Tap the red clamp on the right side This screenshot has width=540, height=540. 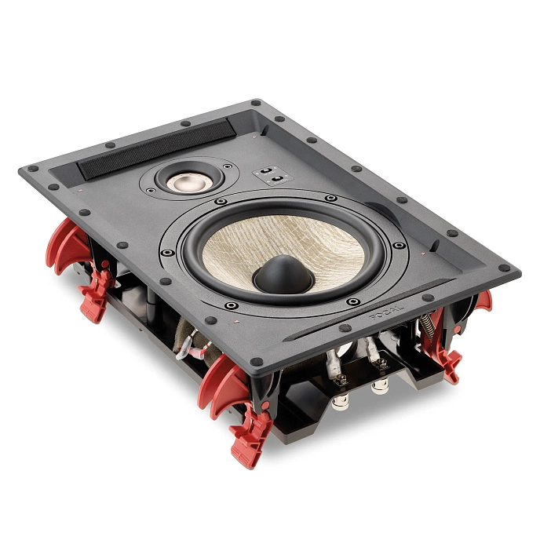point(451,357)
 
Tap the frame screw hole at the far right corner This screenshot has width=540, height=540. point(504,267)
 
